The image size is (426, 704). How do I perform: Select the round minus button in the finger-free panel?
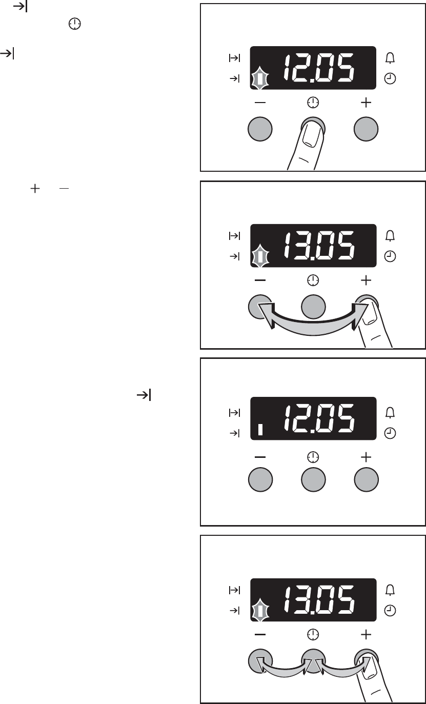click(x=260, y=480)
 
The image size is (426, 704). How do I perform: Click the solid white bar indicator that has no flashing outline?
click(x=260, y=430)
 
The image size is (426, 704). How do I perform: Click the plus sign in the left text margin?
click(x=35, y=189)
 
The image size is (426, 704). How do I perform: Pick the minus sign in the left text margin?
click(x=63, y=189)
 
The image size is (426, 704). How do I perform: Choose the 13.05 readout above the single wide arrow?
click(x=318, y=246)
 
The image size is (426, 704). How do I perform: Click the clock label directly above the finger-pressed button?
click(x=312, y=103)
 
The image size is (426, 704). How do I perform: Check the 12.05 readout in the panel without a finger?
click(x=318, y=419)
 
